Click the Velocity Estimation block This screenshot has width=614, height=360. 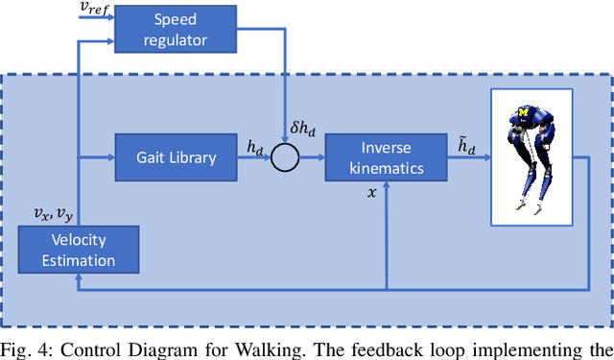point(80,249)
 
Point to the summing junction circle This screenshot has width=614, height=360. point(284,156)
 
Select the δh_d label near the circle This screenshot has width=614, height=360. point(302,130)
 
